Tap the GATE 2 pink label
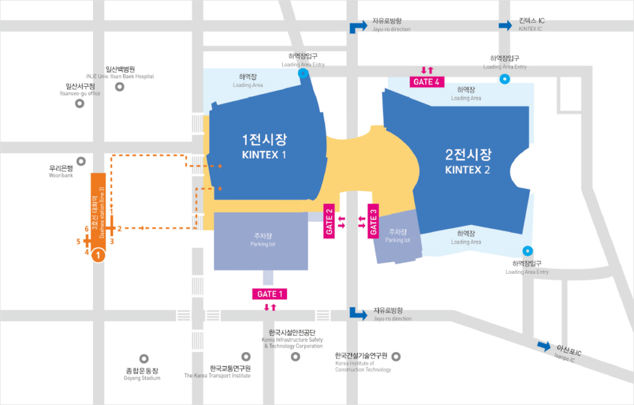pos(329,220)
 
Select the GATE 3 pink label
pos(374,220)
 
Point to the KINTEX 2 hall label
pos(468,161)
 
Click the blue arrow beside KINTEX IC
pos(505,25)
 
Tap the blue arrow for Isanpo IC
pos(544,346)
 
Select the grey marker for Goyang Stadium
pos(144,358)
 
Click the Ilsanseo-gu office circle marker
pos(79,104)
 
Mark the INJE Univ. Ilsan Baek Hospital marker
pos(119,86)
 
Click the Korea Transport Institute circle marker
pos(246,356)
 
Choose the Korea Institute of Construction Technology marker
pos(396,356)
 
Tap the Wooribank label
pos(61,171)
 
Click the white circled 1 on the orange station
pos(98,255)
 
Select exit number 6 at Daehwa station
pos(87,229)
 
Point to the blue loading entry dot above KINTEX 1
pos(303,73)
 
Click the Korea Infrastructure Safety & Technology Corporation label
pos(292,340)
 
